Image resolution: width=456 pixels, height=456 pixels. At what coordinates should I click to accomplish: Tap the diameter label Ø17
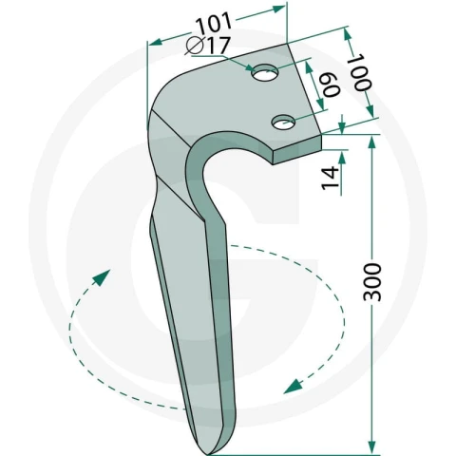[x=207, y=46]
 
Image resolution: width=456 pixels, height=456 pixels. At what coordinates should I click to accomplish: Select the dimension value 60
[x=332, y=85]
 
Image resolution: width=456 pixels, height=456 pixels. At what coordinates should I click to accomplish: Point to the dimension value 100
[x=361, y=72]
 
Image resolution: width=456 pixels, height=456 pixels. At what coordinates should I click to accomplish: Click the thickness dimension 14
[x=330, y=178]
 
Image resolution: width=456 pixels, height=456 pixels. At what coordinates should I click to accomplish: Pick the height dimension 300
[x=372, y=282]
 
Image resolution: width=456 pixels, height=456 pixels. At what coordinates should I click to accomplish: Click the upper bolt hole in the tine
[x=265, y=73]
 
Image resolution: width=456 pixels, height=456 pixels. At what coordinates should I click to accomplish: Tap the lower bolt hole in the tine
[x=283, y=122]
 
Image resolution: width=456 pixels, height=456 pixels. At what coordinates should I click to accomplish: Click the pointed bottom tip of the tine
[x=206, y=453]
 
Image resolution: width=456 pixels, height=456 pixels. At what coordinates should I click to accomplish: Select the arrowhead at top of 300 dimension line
[x=372, y=143]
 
